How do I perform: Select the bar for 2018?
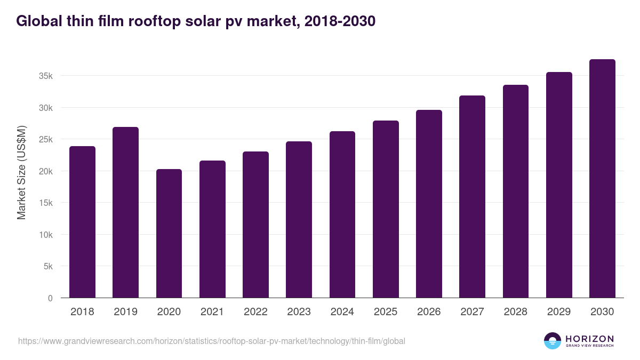point(82,222)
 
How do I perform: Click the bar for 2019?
point(125,212)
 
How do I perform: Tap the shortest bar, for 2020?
point(169,234)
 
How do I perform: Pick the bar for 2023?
point(299,220)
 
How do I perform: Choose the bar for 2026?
point(429,204)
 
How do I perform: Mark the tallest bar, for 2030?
point(602,179)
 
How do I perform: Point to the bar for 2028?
point(515,191)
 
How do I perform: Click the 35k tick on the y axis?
point(46,76)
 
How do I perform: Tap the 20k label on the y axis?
point(46,171)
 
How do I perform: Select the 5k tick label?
point(48,267)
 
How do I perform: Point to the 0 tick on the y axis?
point(50,298)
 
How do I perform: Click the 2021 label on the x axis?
point(212,312)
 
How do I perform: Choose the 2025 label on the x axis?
point(386,312)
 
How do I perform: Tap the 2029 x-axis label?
point(559,312)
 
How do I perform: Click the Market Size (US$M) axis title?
point(21,172)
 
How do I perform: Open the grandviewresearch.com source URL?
point(212,341)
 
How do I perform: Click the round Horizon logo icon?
point(553,341)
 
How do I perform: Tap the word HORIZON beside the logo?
point(589,339)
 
